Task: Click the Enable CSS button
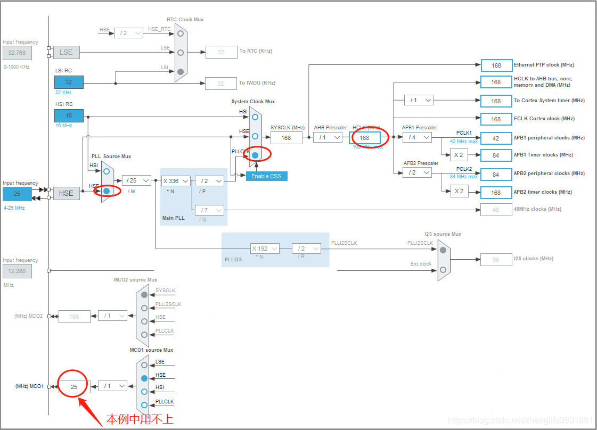(266, 176)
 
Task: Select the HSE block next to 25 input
(66, 193)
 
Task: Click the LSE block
(66, 52)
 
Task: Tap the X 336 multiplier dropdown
(176, 181)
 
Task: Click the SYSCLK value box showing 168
(286, 137)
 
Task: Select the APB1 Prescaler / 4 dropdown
(416, 137)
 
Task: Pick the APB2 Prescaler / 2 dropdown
(416, 172)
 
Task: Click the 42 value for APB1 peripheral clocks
(496, 138)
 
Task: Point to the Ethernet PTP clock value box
(496, 65)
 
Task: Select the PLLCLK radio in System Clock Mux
(255, 155)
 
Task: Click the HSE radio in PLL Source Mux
(107, 191)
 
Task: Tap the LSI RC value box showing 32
(69, 82)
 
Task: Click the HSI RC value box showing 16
(69, 115)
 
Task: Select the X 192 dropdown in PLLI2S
(265, 249)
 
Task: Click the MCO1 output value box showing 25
(74, 387)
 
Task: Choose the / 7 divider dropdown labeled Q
(209, 210)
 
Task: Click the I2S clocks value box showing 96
(496, 260)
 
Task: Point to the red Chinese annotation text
(140, 419)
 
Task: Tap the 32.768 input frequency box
(17, 53)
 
